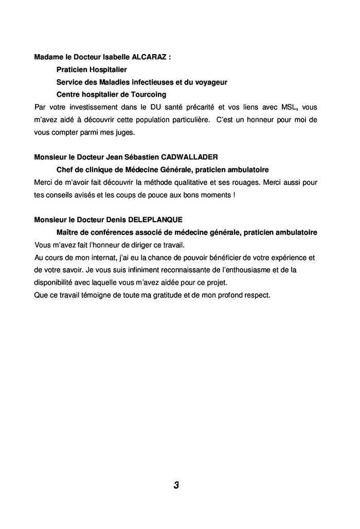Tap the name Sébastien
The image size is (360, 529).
[143, 157]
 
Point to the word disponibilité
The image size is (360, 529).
[55, 283]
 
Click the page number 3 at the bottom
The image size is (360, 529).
[176, 485]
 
